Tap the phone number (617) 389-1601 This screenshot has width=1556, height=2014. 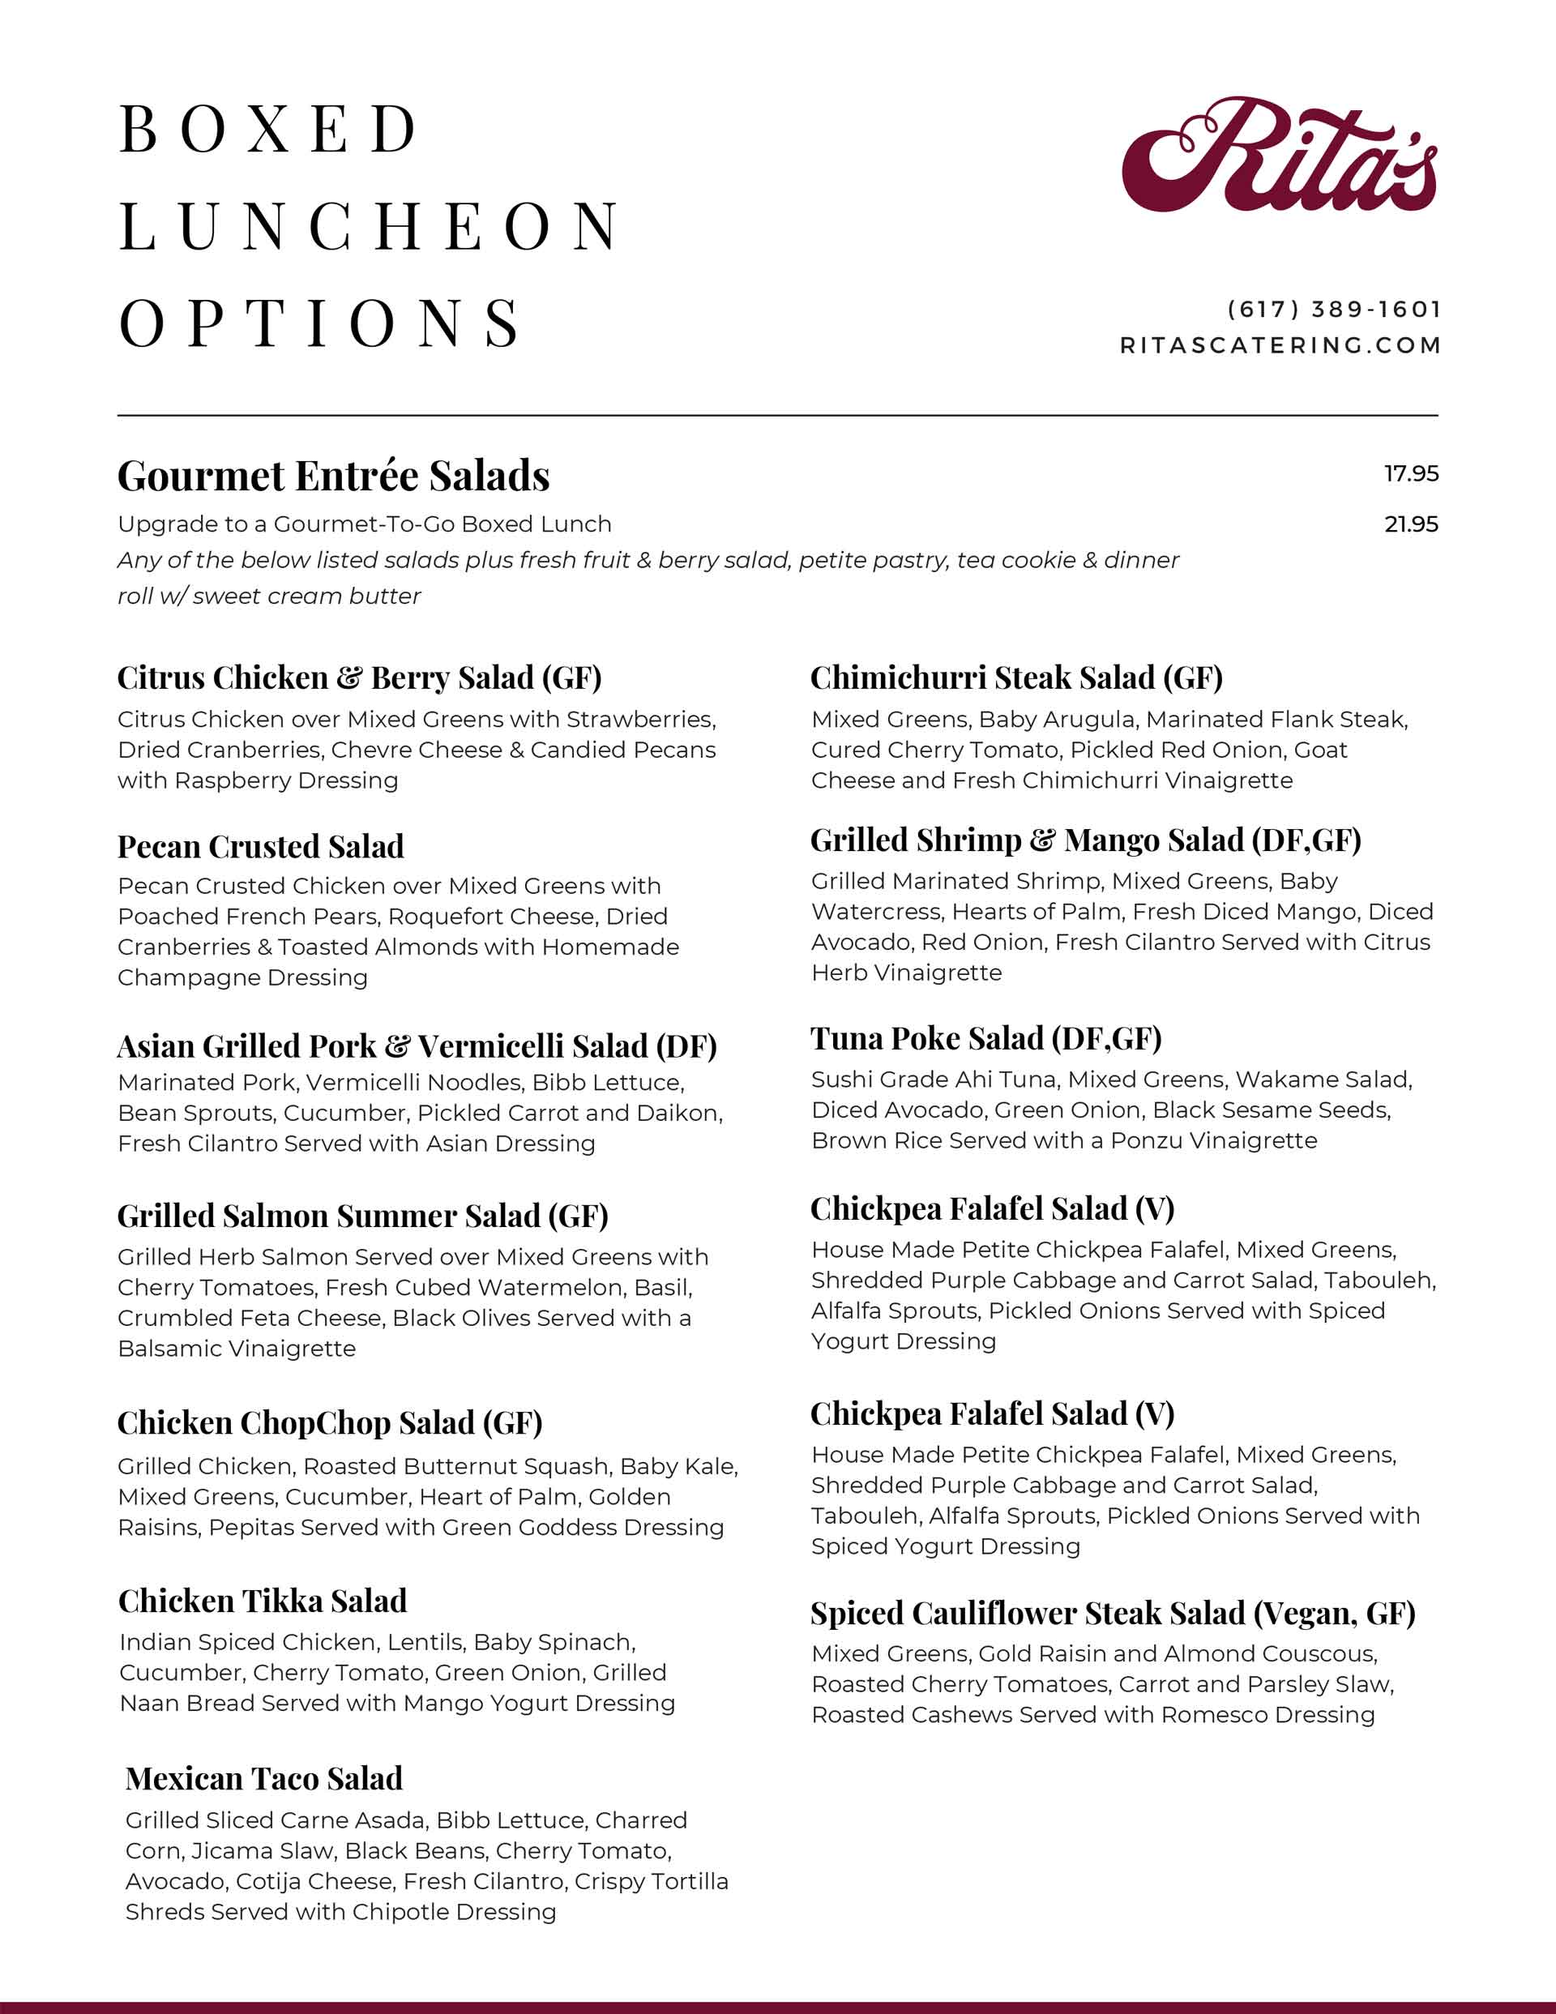(x=1334, y=310)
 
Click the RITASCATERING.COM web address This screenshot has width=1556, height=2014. (x=1280, y=346)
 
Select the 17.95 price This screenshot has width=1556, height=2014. (x=1410, y=474)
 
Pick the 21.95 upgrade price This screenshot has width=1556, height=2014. (x=1410, y=524)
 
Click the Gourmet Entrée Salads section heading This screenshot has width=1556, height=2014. (x=333, y=477)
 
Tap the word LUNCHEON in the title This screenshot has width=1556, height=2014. (x=370, y=227)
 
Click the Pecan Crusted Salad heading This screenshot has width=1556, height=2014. (x=261, y=847)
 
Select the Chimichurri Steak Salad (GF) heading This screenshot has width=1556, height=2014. (x=1016, y=678)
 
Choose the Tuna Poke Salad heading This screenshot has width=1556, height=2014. (x=986, y=1038)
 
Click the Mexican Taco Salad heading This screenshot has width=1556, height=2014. (x=264, y=1778)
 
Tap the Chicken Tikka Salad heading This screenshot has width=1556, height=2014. (x=263, y=1600)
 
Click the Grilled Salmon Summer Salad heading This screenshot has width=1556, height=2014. (x=362, y=1217)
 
